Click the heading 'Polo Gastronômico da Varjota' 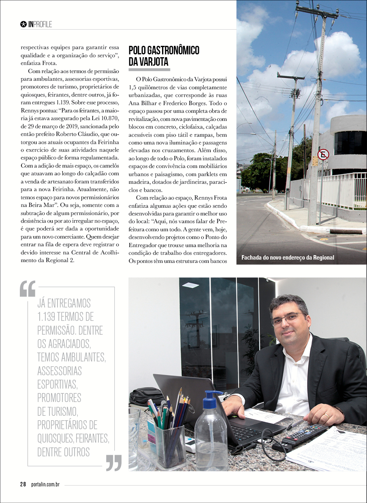coord(164,56)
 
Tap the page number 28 coord(23,484)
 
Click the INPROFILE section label coord(40,24)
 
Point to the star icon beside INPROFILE coord(23,24)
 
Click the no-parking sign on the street coord(323,154)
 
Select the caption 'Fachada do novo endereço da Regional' coord(288,258)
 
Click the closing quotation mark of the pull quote coord(114,462)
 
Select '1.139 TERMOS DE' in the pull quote coord(65,316)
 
